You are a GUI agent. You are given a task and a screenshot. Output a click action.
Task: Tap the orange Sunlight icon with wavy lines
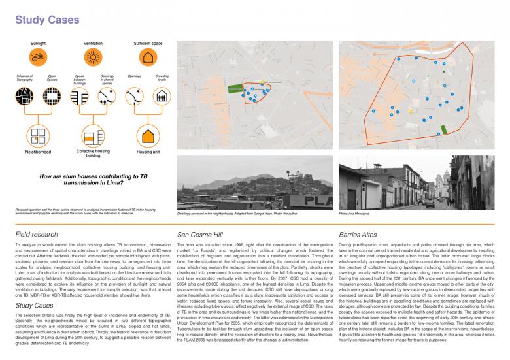[37, 57]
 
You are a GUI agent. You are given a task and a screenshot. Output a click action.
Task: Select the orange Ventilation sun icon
[93, 57]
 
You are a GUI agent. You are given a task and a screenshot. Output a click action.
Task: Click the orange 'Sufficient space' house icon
[148, 57]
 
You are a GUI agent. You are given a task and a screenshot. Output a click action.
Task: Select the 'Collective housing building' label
[93, 154]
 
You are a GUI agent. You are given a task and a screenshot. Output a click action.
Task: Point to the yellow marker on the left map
[262, 82]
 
